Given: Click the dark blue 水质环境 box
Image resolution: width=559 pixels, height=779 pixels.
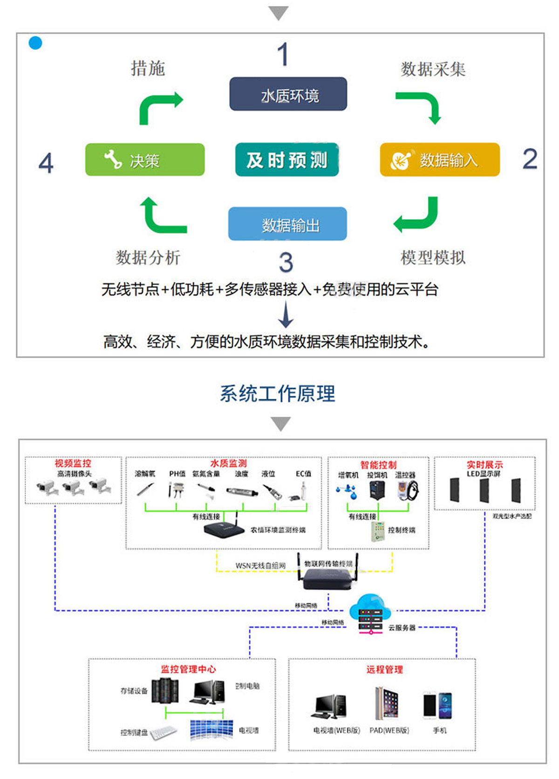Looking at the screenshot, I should [288, 94].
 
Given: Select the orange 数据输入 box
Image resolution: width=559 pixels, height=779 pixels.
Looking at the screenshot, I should [439, 160].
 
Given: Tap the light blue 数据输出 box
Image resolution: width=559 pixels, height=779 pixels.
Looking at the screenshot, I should [287, 224].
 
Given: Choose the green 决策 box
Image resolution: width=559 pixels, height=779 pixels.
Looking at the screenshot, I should [145, 160].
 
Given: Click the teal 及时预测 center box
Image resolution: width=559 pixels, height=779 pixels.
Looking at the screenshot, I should [287, 160].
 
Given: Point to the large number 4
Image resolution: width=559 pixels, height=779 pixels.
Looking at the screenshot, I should [46, 163].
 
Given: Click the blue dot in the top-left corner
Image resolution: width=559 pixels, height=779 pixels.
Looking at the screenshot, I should [35, 43].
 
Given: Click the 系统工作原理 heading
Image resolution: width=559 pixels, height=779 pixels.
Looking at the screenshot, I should [278, 394].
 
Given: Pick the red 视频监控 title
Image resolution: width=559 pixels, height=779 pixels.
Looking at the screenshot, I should [73, 463].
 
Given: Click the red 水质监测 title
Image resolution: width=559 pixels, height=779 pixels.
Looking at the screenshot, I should [228, 463].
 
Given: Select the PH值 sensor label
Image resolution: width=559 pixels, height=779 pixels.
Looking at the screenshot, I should [177, 474].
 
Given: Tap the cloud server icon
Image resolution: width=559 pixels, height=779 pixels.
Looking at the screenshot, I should [370, 614].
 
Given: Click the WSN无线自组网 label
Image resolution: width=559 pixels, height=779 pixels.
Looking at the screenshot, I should [260, 566].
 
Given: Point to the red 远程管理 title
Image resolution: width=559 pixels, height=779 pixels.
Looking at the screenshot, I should [384, 670].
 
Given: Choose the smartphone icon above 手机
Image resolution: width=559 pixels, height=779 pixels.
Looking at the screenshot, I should [437, 705].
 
